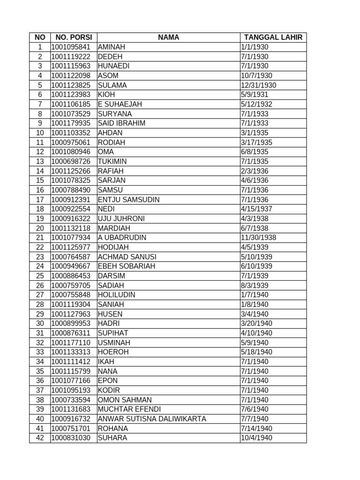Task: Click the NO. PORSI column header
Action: [x=74, y=37]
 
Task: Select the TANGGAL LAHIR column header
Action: [x=273, y=37]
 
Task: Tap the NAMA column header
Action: [x=168, y=37]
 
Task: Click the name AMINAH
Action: [x=112, y=47]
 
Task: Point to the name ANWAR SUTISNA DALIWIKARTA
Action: [x=152, y=419]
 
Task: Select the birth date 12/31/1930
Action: [x=258, y=85]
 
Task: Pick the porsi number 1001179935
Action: [x=71, y=123]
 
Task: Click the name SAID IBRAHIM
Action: [x=121, y=123]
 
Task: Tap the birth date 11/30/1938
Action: [x=258, y=238]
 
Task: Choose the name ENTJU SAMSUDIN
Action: [x=128, y=200]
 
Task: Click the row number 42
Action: [x=40, y=438]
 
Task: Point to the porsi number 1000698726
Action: [x=71, y=161]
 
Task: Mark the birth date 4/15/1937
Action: [x=256, y=209]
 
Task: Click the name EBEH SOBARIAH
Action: [x=127, y=266]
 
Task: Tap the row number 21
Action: [x=40, y=238]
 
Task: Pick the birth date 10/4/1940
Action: [x=256, y=438]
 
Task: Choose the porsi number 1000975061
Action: [x=71, y=142]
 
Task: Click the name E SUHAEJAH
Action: [x=120, y=104]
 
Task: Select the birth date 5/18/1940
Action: [x=256, y=352]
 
